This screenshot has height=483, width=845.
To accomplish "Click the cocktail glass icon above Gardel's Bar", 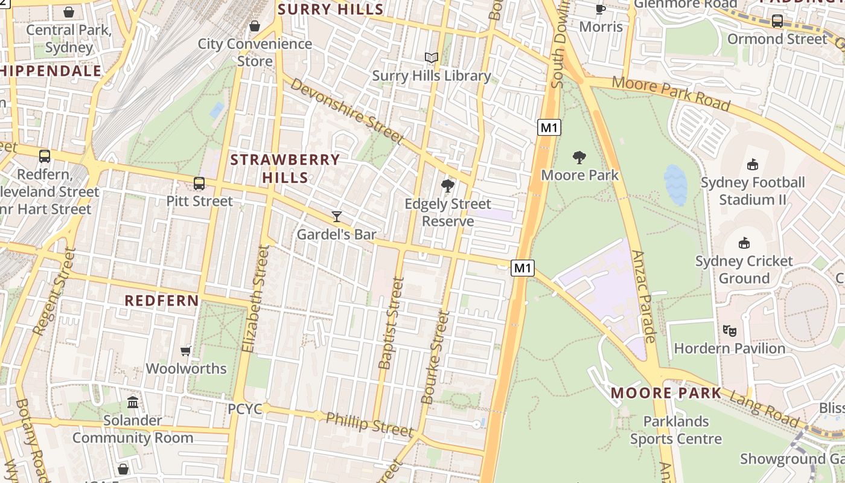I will pyautogui.click(x=337, y=216).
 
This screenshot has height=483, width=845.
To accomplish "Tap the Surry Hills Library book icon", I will pyautogui.click(x=431, y=57).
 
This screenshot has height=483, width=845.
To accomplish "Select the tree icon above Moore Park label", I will pyautogui.click(x=579, y=158).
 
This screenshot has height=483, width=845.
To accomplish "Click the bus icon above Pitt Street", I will pyautogui.click(x=199, y=183).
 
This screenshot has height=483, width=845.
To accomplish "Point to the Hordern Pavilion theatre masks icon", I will pyautogui.click(x=730, y=330).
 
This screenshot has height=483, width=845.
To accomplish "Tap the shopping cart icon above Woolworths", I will pyautogui.click(x=186, y=350).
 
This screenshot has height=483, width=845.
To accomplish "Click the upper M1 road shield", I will pyautogui.click(x=549, y=127).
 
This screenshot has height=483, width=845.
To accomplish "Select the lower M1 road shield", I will pyautogui.click(x=523, y=268).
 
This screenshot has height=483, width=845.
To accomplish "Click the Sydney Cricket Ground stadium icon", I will pyautogui.click(x=744, y=243).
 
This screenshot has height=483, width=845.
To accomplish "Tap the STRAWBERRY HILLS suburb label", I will pyautogui.click(x=285, y=168).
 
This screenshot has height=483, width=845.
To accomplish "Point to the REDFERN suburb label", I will pyautogui.click(x=162, y=300).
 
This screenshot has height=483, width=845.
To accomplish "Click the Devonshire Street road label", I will pyautogui.click(x=346, y=111).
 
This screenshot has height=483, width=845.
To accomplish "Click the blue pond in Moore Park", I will pyautogui.click(x=675, y=185).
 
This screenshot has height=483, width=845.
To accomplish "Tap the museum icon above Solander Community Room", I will pyautogui.click(x=133, y=402).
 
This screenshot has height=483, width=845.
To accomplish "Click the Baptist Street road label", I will pyautogui.click(x=390, y=323).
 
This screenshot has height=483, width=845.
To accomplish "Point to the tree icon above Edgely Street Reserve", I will pyautogui.click(x=447, y=186).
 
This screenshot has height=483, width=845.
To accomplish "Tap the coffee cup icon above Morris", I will pyautogui.click(x=600, y=9).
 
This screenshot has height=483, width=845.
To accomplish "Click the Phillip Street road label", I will pyautogui.click(x=369, y=424).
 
